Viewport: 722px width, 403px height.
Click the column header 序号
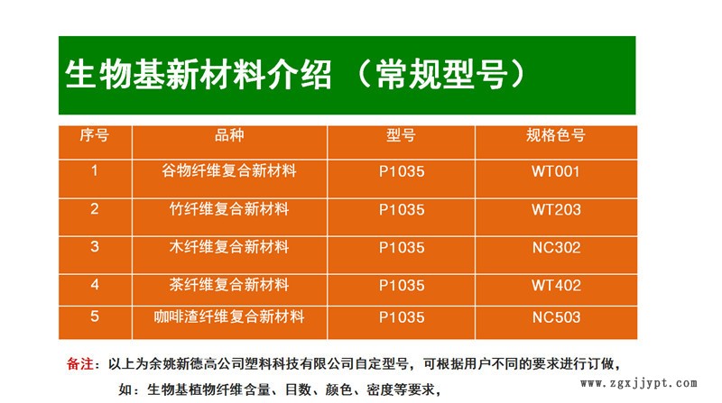pos(95,136)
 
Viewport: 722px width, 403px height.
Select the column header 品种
pos(229,136)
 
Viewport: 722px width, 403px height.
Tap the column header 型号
pos(401,136)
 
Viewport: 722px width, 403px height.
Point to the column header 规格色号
pos(555,136)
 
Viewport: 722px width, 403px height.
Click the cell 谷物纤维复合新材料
pos(229,171)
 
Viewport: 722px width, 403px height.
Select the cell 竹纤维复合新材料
pos(229,210)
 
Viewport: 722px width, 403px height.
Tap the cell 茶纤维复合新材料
pos(229,286)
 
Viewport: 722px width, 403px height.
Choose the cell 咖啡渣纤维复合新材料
pos(229,317)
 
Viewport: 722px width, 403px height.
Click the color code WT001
pos(555,171)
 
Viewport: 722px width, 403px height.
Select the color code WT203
pos(555,210)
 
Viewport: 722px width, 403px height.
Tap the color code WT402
pos(555,286)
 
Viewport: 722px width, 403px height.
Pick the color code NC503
pos(555,317)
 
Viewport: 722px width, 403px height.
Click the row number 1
pos(95,171)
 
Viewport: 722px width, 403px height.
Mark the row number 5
pos(95,317)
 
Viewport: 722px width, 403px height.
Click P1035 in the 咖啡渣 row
pos(401,317)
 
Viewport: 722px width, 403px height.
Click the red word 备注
pos(80,365)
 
